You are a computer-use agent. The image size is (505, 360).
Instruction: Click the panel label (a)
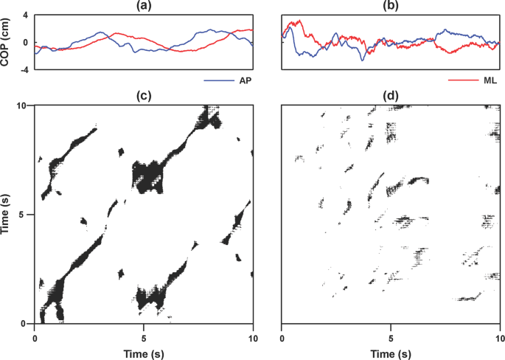(x=144, y=7)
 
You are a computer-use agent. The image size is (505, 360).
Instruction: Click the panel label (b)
(x=391, y=7)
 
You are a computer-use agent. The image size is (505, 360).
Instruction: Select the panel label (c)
(x=144, y=96)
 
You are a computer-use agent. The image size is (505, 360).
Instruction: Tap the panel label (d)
(x=391, y=96)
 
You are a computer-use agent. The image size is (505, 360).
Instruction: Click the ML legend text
(x=493, y=77)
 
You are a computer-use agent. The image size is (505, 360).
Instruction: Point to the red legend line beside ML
(x=464, y=77)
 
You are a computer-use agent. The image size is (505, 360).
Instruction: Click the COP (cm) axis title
(x=7, y=43)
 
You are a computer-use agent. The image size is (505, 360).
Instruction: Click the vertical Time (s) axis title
(x=7, y=215)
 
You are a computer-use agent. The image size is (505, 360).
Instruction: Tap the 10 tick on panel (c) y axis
(x=22, y=106)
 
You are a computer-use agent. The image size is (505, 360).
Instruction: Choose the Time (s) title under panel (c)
(x=144, y=353)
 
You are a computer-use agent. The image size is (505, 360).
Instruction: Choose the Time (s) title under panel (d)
(x=391, y=353)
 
